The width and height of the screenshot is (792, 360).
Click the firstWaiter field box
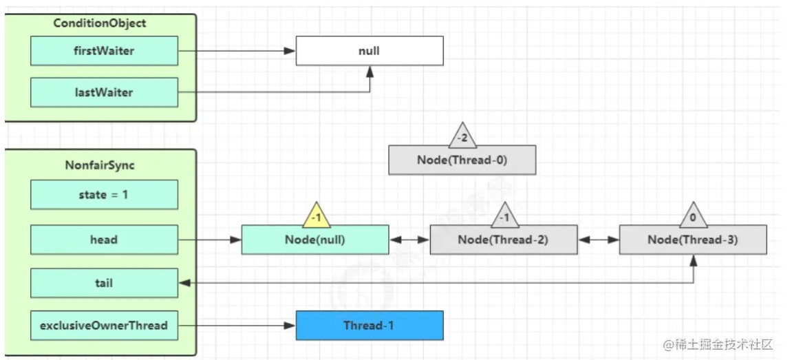(x=104, y=50)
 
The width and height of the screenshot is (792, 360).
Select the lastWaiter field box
(x=104, y=92)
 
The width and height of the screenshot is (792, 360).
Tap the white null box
(x=370, y=50)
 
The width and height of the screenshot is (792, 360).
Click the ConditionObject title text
(x=100, y=23)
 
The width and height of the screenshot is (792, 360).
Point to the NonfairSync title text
(x=100, y=165)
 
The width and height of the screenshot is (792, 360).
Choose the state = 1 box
(x=104, y=195)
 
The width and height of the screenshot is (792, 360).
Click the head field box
(x=104, y=239)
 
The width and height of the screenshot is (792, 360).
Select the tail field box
(x=104, y=283)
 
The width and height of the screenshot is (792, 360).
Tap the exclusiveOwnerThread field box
(x=104, y=326)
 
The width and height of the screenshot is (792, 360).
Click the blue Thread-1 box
(x=370, y=326)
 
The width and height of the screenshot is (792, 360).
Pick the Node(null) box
(x=315, y=240)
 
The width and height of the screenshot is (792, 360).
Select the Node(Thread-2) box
(x=504, y=240)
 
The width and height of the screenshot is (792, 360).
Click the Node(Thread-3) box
(x=692, y=240)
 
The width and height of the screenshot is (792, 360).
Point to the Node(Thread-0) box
(x=462, y=160)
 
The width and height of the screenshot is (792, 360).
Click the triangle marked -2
(x=462, y=136)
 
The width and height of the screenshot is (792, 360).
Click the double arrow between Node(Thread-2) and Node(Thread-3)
(x=599, y=240)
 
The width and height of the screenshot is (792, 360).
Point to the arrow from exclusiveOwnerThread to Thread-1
(x=237, y=326)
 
